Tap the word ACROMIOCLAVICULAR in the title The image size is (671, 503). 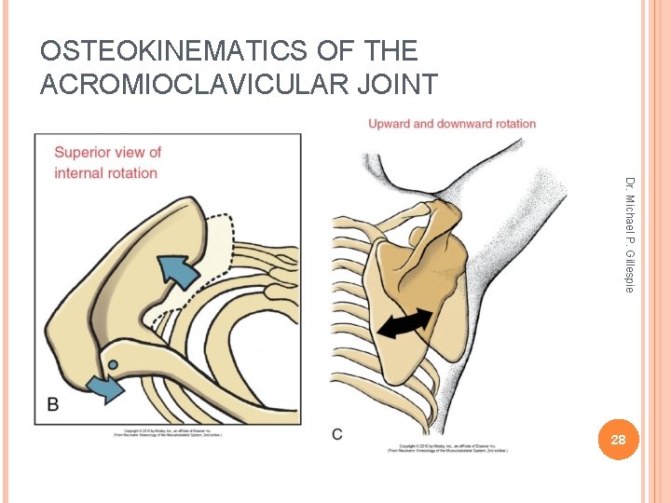(195, 85)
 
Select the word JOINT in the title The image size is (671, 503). (397, 85)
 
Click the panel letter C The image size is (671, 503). (336, 434)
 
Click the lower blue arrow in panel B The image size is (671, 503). (104, 385)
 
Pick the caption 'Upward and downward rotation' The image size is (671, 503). (452, 124)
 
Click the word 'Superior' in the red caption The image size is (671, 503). (82, 153)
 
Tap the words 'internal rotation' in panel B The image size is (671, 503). (106, 172)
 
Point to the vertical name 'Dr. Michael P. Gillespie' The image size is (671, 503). (630, 233)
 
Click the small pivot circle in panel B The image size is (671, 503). (114, 364)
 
